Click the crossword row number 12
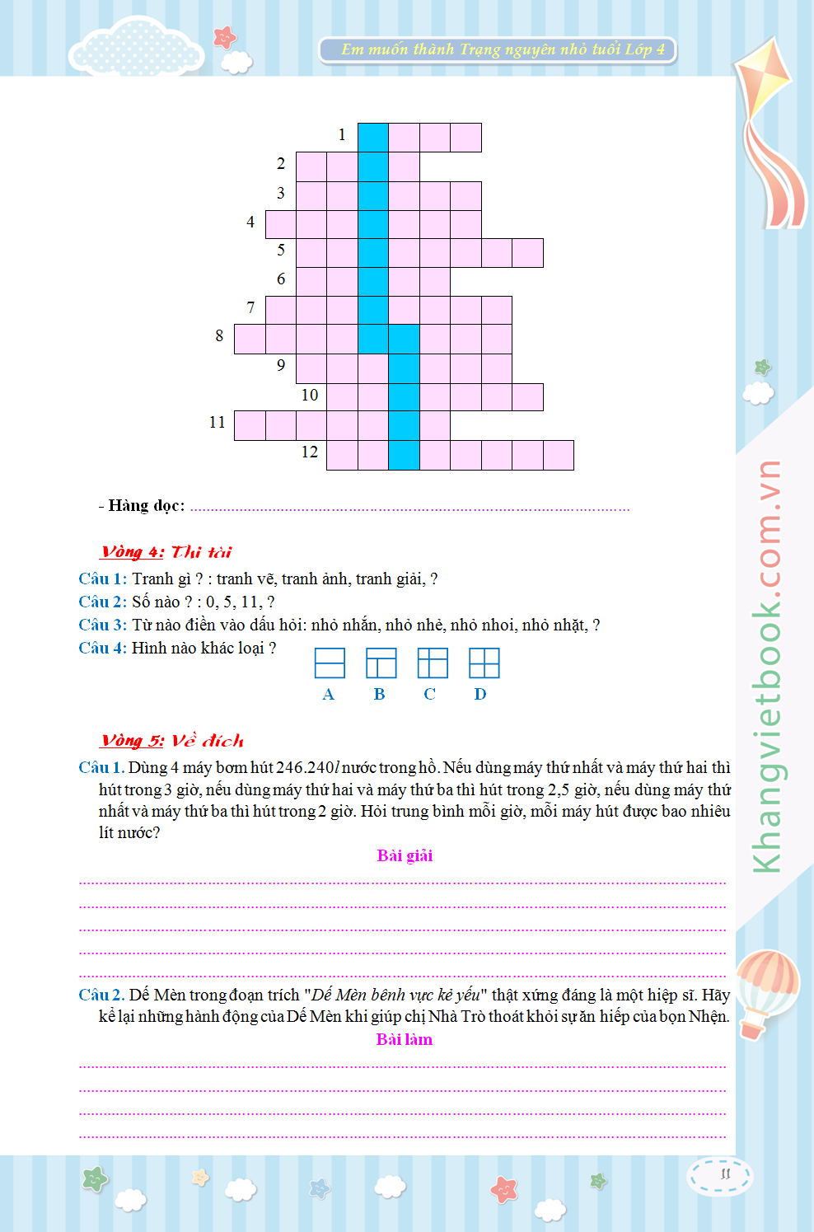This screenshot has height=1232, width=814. [x=310, y=452]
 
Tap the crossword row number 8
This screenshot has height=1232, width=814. [x=219, y=335]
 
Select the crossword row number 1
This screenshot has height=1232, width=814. [x=342, y=134]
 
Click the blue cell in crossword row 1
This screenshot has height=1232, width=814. [x=373, y=138]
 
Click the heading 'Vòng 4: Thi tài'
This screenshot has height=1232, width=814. [x=166, y=552]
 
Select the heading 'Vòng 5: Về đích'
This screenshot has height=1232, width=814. [x=172, y=741]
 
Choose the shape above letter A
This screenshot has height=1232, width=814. [x=330, y=663]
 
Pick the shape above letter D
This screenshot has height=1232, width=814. [x=484, y=663]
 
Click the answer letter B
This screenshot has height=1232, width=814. [x=379, y=694]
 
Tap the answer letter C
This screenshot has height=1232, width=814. [x=429, y=694]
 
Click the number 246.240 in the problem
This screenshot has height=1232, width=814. [x=304, y=767]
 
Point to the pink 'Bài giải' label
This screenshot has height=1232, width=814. [x=405, y=855]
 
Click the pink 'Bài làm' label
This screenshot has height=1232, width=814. [x=405, y=1039]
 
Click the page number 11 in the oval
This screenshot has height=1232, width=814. [x=725, y=1173]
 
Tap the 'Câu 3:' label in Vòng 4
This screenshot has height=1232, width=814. [x=102, y=625]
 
